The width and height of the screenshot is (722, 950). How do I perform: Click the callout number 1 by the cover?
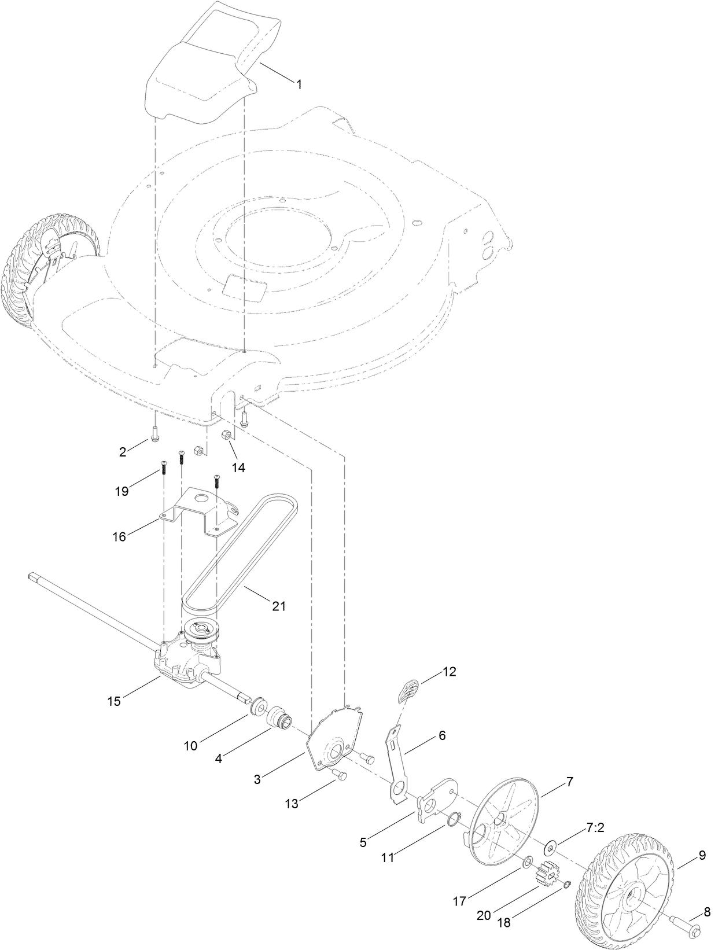299,84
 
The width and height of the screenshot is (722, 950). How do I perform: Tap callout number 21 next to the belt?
279,606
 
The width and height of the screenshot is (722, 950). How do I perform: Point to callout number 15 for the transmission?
114,701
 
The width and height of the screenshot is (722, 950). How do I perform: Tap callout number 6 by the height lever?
441,736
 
